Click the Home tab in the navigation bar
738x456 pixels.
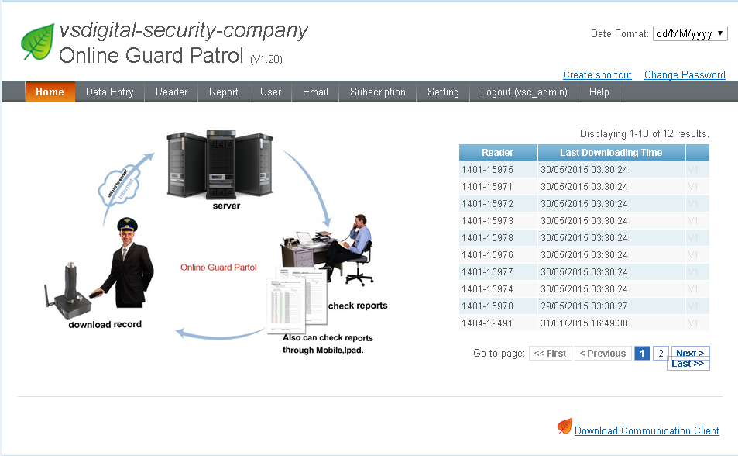(x=50, y=92)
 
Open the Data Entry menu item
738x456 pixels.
(x=109, y=92)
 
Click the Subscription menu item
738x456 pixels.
(x=377, y=92)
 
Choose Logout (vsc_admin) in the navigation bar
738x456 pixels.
(x=523, y=92)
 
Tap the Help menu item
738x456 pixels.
(x=599, y=92)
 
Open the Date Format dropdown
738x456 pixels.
(x=690, y=33)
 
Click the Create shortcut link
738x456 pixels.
(x=597, y=75)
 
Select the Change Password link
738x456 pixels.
(x=685, y=75)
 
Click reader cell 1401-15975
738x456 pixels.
(x=487, y=170)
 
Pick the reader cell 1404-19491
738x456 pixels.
(x=487, y=323)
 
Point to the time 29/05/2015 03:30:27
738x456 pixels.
(x=584, y=306)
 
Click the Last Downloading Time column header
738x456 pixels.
(x=611, y=153)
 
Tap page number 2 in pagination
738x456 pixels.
(x=660, y=354)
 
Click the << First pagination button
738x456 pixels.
(x=550, y=354)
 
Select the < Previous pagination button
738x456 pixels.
(x=602, y=354)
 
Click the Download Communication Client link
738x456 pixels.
(x=647, y=431)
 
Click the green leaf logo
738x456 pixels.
(x=37, y=43)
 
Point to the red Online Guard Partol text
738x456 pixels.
(x=218, y=268)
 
